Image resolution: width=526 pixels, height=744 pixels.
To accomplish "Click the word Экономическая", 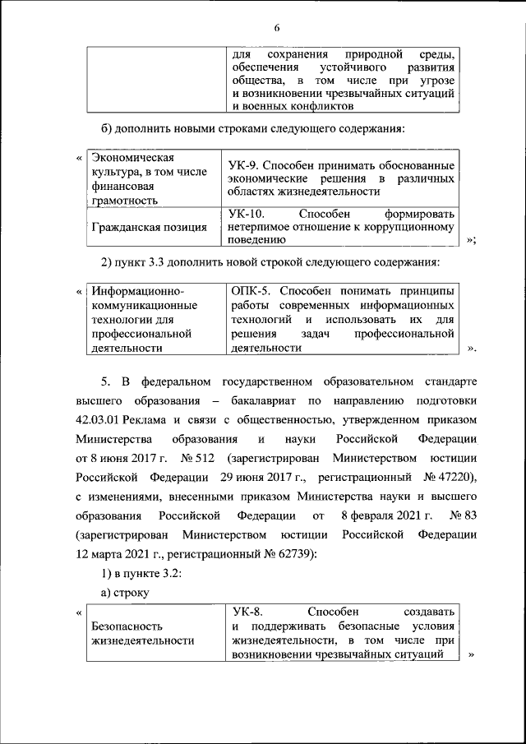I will (132, 158).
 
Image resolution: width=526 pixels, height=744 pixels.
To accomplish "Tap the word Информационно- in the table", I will (137, 292).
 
